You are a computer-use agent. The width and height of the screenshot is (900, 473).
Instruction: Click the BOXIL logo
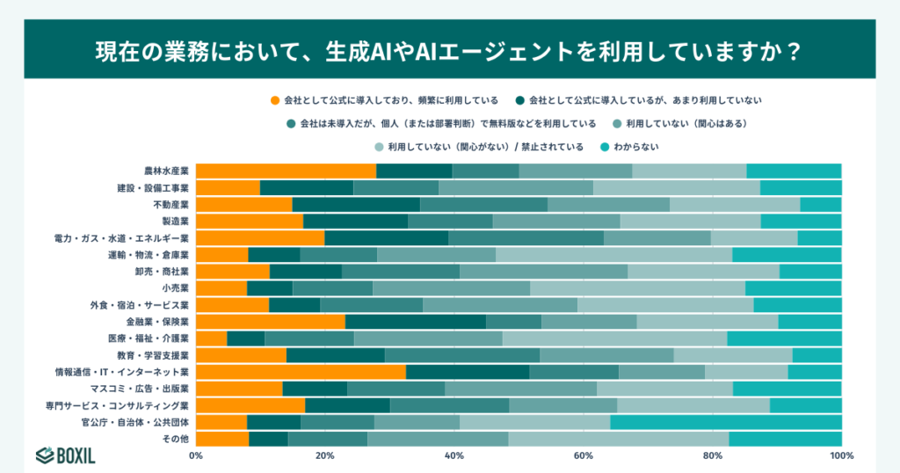pos(66,454)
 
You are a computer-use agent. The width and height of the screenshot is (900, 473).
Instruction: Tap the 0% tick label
pos(196,455)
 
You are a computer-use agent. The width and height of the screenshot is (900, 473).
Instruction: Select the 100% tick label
pos(841,455)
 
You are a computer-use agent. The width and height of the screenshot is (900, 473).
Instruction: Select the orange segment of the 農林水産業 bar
pos(286,171)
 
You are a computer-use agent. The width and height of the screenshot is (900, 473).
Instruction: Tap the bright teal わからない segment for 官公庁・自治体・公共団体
pos(725,422)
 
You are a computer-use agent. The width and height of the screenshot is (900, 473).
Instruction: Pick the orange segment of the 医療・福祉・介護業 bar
pos(211,338)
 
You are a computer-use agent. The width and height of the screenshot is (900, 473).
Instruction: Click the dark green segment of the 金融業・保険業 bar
pos(415,322)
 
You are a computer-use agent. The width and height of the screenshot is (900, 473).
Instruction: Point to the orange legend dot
pos(275,100)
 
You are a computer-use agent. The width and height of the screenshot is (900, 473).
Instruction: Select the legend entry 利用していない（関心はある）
pos(686,124)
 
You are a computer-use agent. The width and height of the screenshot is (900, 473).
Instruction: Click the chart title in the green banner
pos(449,50)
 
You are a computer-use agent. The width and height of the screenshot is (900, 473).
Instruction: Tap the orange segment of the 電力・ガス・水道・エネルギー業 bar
pos(260,237)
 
